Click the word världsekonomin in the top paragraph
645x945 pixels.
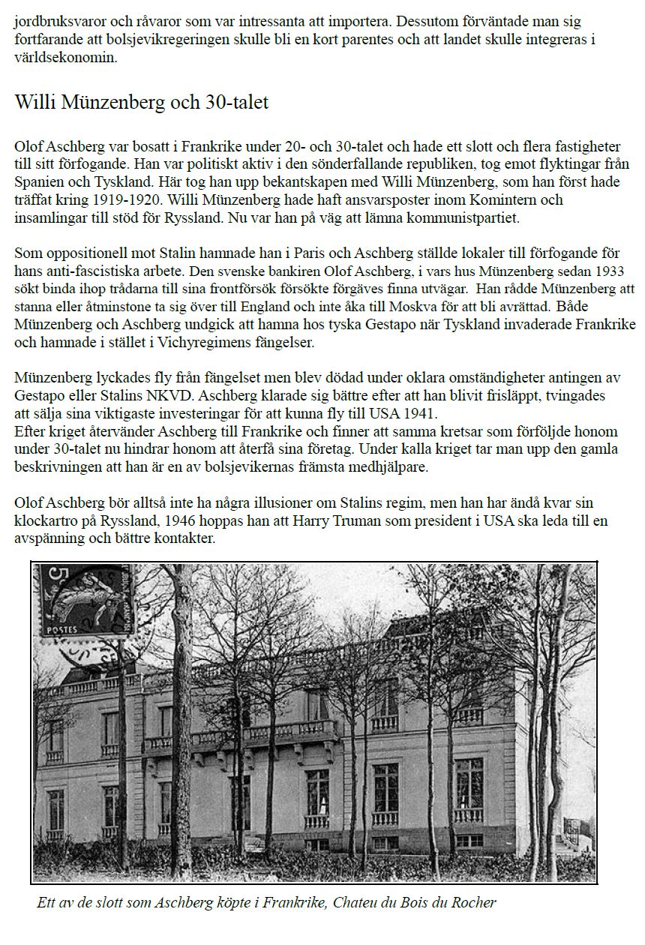point(66,57)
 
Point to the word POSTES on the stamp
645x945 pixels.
point(62,630)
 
